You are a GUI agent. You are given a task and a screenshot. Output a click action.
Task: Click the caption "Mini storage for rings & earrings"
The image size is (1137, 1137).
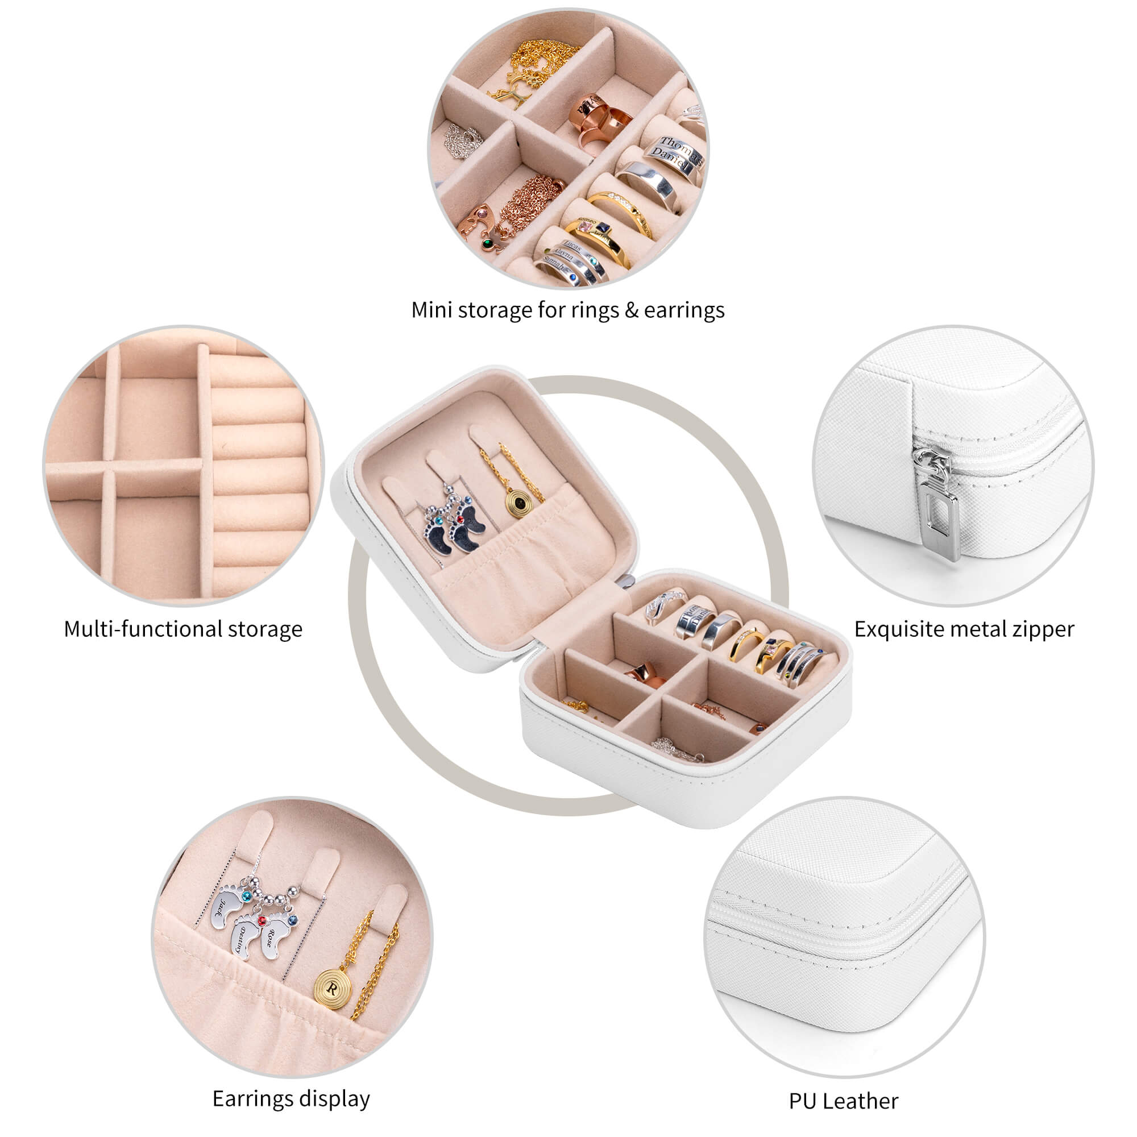pyautogui.click(x=567, y=310)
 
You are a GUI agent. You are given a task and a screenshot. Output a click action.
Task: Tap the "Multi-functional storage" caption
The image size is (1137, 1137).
pyautogui.click(x=183, y=629)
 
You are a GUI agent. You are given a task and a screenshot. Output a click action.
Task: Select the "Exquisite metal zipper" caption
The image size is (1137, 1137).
pyautogui.click(x=964, y=629)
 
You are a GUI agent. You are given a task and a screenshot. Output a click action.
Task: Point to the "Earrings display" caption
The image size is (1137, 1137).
pyautogui.click(x=291, y=1098)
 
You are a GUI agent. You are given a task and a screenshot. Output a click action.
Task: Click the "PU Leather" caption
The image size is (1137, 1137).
pyautogui.click(x=843, y=1101)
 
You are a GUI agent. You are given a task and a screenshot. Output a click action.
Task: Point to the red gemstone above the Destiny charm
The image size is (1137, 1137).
pyautogui.click(x=262, y=920)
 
